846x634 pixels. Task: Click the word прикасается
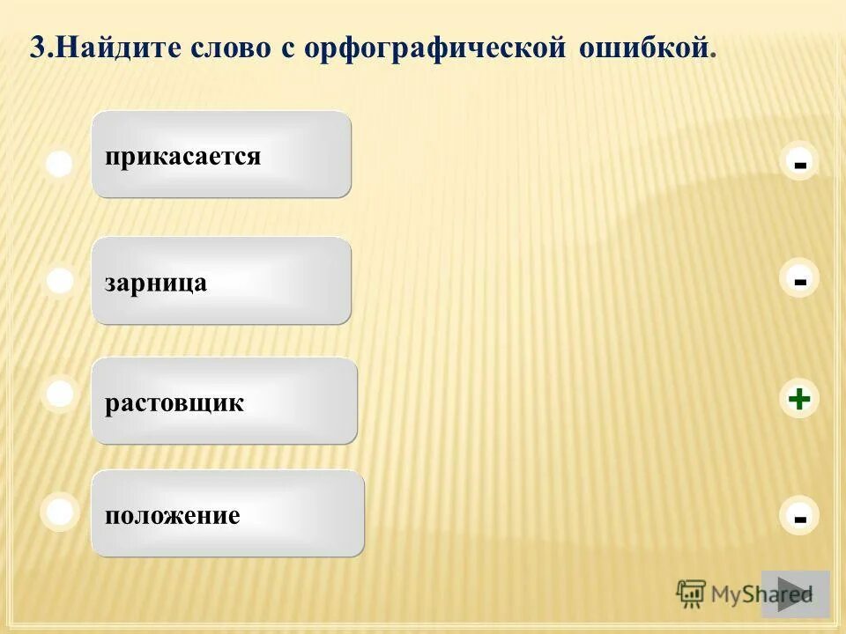pyautogui.click(x=182, y=157)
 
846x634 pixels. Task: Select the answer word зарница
pyautogui.click(x=155, y=283)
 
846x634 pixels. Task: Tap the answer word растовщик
pyautogui.click(x=174, y=403)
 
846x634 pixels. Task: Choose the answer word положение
pyautogui.click(x=172, y=515)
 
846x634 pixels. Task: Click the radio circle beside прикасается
pyautogui.click(x=59, y=165)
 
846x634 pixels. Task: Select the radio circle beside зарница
pyautogui.click(x=60, y=281)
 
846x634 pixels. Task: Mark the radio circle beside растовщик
pyautogui.click(x=60, y=394)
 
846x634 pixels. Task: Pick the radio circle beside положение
pyautogui.click(x=60, y=512)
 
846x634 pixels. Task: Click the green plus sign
pyautogui.click(x=799, y=399)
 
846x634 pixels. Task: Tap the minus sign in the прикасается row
pyautogui.click(x=799, y=165)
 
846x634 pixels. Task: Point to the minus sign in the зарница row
pyautogui.click(x=799, y=282)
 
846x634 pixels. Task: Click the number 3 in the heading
pyautogui.click(x=36, y=48)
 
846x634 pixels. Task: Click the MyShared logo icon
pyautogui.click(x=692, y=593)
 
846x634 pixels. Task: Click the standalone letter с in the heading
pyautogui.click(x=287, y=50)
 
